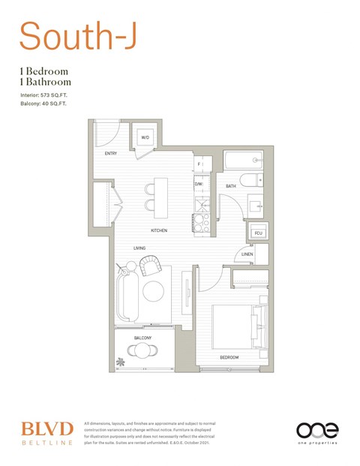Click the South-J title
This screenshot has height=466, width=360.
(77, 35)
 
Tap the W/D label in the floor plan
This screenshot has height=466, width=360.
(145, 137)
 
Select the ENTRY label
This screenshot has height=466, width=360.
(110, 155)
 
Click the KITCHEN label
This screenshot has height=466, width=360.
(158, 230)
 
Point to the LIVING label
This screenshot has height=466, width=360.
(139, 248)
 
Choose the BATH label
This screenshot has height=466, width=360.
(231, 185)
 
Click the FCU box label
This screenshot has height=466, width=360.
(259, 233)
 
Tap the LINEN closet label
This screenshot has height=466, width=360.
(247, 255)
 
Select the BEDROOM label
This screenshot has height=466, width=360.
(229, 357)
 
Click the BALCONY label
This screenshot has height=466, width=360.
(143, 338)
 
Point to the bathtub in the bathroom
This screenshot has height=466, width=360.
(244, 161)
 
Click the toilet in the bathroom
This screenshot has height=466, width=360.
(255, 180)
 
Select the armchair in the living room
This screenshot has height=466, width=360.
(151, 265)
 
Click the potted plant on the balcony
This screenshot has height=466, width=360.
(121, 362)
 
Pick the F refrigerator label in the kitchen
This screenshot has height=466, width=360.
(199, 164)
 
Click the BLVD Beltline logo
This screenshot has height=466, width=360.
(46, 432)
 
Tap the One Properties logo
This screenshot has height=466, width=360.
(317, 432)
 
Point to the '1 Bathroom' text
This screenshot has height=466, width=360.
(46, 81)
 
